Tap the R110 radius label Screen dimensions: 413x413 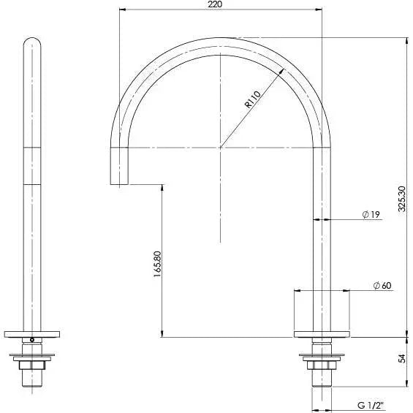coord(253,99)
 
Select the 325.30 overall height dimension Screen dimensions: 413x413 coord(401,198)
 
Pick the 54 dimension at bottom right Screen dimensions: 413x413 coord(401,359)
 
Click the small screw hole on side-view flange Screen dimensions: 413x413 coord(31,339)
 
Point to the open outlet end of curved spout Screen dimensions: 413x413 coord(118,184)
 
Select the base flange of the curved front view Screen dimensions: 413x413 coord(322,335)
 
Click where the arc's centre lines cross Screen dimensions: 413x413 coord(220,147)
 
